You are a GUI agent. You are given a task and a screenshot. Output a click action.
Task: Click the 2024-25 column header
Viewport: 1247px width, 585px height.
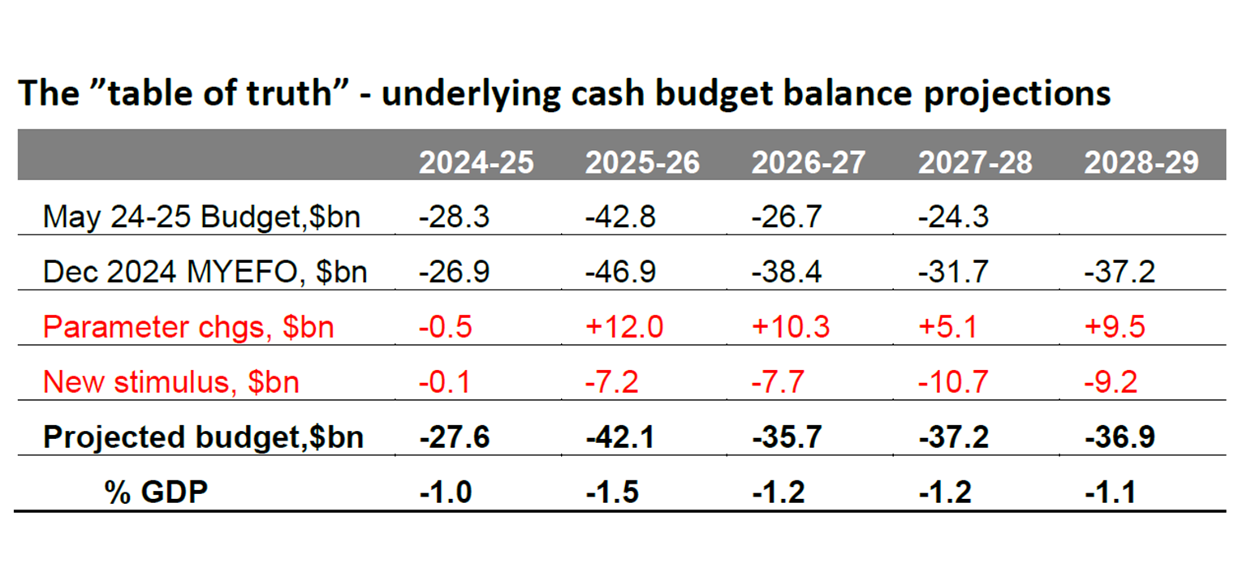pyautogui.click(x=476, y=162)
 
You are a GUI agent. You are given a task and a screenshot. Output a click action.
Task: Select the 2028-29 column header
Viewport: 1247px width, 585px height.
pyautogui.click(x=1141, y=162)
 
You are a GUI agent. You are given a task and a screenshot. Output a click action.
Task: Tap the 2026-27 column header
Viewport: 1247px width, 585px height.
pyautogui.click(x=809, y=162)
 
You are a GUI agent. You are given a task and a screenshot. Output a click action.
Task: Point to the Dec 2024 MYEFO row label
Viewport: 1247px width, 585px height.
pyautogui.click(x=205, y=272)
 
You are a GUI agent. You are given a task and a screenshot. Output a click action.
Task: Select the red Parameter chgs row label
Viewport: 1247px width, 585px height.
pyautogui.click(x=188, y=327)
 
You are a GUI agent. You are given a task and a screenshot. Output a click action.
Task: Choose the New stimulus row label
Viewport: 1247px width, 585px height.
pyautogui.click(x=171, y=381)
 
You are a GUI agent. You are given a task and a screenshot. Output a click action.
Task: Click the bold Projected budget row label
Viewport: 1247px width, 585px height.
pyautogui.click(x=203, y=437)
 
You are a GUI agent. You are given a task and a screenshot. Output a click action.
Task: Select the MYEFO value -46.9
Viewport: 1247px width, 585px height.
pyautogui.click(x=621, y=272)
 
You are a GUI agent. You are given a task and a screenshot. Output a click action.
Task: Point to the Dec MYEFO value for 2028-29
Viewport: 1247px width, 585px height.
pyautogui.click(x=1120, y=272)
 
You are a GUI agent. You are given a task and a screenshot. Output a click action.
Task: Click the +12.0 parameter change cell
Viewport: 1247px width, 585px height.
pyautogui.click(x=623, y=327)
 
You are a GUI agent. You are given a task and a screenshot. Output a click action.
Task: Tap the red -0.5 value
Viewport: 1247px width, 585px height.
pyautogui.click(x=445, y=327)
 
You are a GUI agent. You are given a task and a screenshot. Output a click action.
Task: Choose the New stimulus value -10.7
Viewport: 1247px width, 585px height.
pyautogui.click(x=953, y=381)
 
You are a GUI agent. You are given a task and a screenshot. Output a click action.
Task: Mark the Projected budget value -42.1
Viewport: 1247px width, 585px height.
pyautogui.click(x=621, y=437)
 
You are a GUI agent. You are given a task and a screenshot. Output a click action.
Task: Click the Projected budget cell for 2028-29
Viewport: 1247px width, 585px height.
pyautogui.click(x=1120, y=437)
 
